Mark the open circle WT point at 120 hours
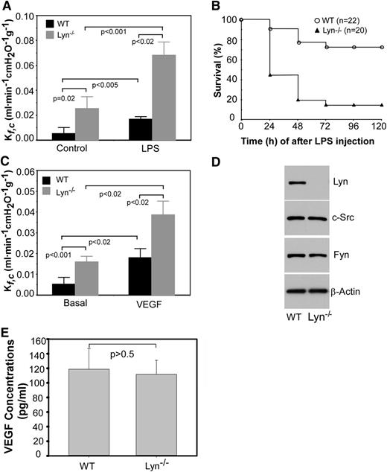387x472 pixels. click(x=382, y=47)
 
